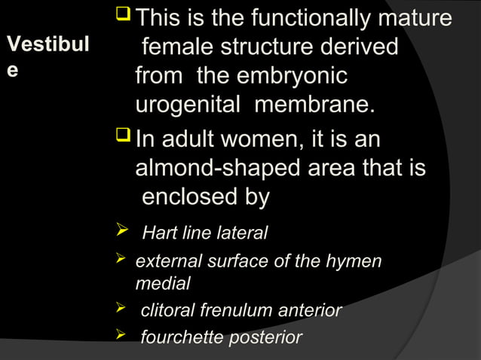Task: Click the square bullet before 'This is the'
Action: click(x=127, y=17)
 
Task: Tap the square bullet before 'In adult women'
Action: click(x=123, y=139)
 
